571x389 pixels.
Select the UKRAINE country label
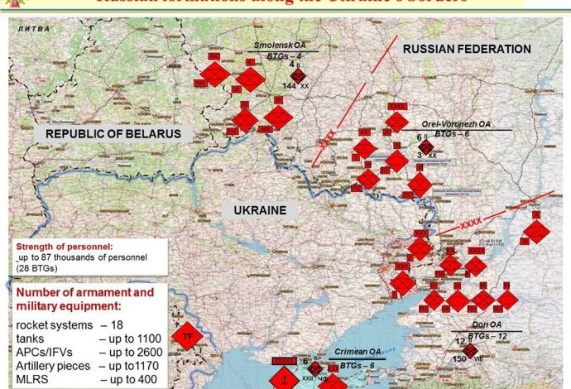259,210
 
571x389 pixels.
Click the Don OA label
472,324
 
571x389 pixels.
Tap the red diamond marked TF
188,337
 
